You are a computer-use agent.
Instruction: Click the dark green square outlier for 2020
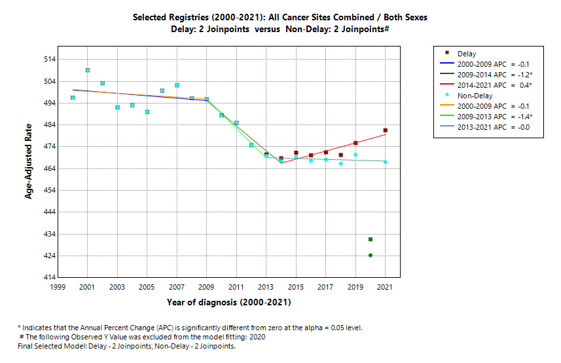coord(371,239)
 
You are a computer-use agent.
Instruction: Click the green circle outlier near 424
coord(371,256)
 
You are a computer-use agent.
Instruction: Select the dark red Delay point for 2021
coord(386,130)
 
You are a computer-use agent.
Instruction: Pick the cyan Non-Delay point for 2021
coord(386,162)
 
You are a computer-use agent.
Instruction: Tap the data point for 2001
coord(88,70)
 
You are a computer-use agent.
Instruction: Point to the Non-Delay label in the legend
coord(481,96)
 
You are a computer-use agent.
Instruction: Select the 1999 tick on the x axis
coord(58,287)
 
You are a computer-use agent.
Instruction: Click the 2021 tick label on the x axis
coord(386,287)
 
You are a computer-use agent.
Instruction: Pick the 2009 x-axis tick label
coord(207,287)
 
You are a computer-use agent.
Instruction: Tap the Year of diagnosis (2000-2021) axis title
coord(228,303)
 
